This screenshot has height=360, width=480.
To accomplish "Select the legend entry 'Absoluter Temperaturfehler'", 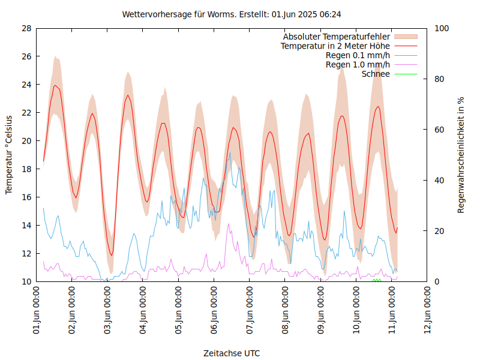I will (x=337, y=37).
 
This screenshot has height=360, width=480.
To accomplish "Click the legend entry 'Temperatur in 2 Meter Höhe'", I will (x=335, y=46).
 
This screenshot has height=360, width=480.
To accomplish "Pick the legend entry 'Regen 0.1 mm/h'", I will (x=358, y=55).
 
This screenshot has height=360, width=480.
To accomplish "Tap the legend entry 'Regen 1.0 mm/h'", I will (x=358, y=65).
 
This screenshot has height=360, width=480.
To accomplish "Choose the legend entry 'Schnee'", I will (x=376, y=74).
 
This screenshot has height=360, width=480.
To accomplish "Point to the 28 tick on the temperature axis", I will (x=26, y=28).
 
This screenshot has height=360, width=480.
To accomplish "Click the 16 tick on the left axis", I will (x=26, y=197).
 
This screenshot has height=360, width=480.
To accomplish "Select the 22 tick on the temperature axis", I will (x=26, y=113).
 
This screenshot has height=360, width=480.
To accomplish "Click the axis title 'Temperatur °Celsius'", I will (x=9, y=155).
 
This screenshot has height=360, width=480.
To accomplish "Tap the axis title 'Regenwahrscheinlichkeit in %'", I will (x=461, y=155).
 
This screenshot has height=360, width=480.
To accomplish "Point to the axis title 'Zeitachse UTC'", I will (x=232, y=353).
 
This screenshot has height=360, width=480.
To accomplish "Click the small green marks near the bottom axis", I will (x=377, y=280).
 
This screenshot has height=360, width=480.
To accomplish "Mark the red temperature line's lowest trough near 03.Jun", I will (x=111, y=255).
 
